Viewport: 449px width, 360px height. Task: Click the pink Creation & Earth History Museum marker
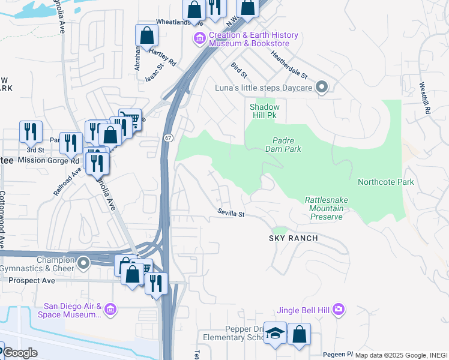199,38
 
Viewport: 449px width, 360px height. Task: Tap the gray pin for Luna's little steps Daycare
322,88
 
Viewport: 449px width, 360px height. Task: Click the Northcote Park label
385,182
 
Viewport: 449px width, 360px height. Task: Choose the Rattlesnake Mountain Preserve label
326,208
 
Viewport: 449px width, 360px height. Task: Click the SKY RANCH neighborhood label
293,238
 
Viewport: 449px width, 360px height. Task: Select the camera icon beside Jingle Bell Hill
339,310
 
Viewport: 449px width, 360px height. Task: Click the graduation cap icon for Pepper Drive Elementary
275,334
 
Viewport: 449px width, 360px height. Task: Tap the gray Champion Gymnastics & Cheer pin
83,262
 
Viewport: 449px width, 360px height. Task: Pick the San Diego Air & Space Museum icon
109,310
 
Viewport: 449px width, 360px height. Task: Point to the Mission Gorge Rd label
49,161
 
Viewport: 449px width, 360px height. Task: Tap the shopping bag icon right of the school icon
299,334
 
